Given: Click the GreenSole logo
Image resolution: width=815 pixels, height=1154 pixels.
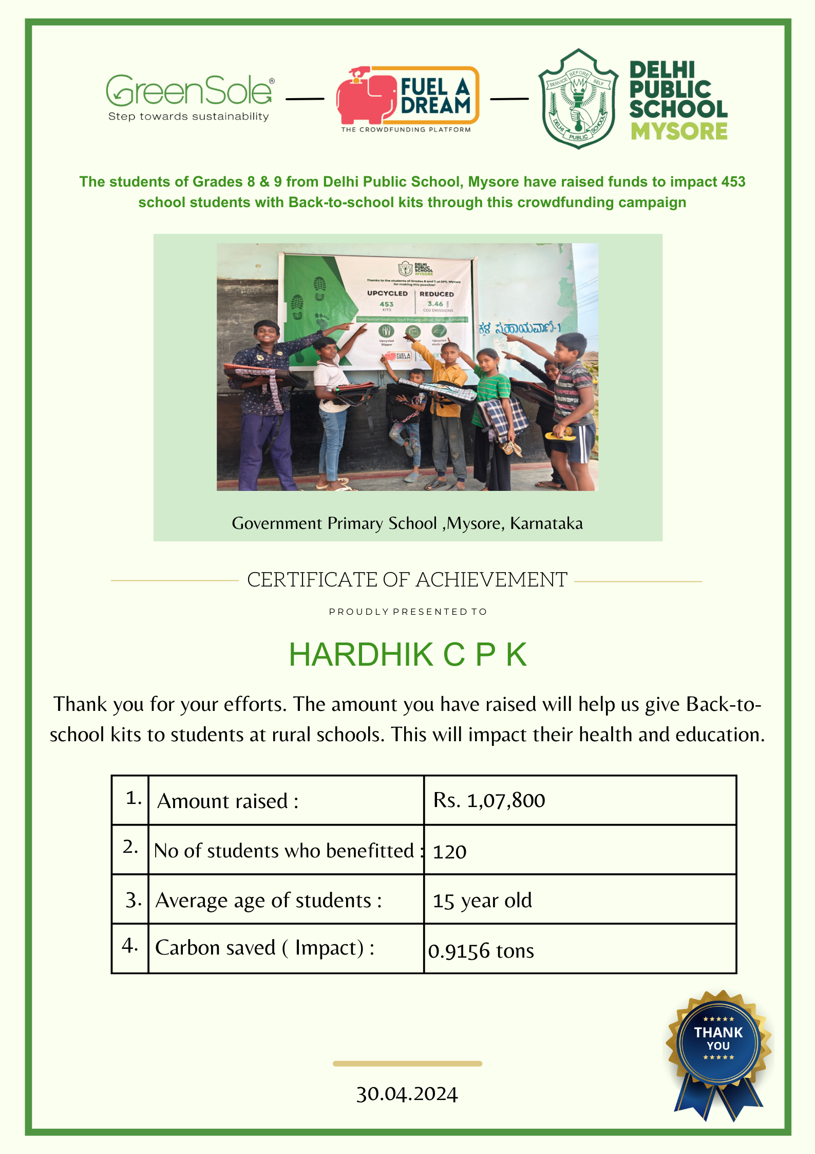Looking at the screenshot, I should tap(189, 97).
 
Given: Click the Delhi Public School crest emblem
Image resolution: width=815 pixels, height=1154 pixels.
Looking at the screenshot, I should tap(578, 99).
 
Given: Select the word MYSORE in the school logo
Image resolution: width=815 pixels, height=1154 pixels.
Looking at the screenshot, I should tap(679, 132).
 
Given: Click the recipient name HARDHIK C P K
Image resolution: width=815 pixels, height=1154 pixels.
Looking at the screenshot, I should tap(408, 654).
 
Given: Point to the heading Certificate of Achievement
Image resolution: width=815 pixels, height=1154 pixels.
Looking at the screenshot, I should tap(407, 580).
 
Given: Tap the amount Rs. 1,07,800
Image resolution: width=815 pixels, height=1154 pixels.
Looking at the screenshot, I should tap(489, 800).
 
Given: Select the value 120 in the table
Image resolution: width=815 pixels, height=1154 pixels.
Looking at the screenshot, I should tap(450, 852).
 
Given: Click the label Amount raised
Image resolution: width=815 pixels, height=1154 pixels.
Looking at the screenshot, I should tap(228, 801).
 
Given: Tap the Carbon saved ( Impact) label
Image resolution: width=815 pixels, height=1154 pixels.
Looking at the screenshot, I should tap(264, 948).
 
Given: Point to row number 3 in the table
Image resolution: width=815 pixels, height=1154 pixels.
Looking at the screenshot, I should tap(133, 900).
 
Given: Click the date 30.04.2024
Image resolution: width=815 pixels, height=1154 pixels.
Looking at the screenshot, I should tap(407, 1094).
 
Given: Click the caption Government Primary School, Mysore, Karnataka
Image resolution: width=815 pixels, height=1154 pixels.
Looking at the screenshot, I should tap(407, 523).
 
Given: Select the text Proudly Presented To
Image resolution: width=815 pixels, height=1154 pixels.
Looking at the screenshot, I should tap(408, 612).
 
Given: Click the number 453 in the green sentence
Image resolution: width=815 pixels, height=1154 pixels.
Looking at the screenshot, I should tap(733, 181).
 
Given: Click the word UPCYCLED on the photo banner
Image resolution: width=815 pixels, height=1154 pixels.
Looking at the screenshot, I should tap(387, 294).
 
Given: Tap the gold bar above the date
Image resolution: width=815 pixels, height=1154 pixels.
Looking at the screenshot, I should tap(407, 1064).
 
